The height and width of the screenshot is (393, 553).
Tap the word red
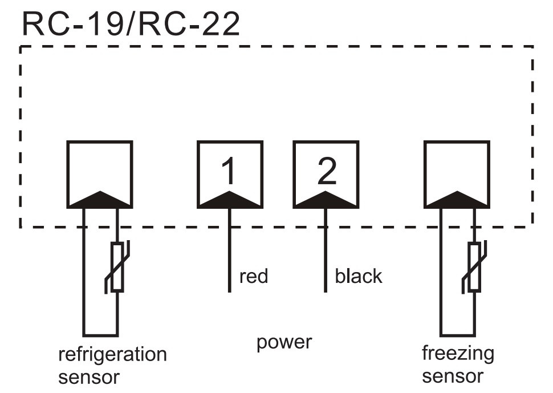(254, 277)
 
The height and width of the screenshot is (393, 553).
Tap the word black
(358, 277)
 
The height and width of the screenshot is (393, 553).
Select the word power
(284, 343)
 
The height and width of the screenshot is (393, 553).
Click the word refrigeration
(112, 355)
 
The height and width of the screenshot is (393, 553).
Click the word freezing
(458, 354)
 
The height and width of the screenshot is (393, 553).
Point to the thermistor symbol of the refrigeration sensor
(117, 267)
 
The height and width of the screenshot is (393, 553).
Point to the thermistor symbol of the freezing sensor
(474, 267)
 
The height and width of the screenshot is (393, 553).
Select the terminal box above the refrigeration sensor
(100, 169)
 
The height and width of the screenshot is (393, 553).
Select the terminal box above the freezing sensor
(457, 169)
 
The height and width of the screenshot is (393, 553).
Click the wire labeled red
(229, 251)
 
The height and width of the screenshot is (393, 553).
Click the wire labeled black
(326, 251)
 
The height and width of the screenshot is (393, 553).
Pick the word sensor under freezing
(453, 376)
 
